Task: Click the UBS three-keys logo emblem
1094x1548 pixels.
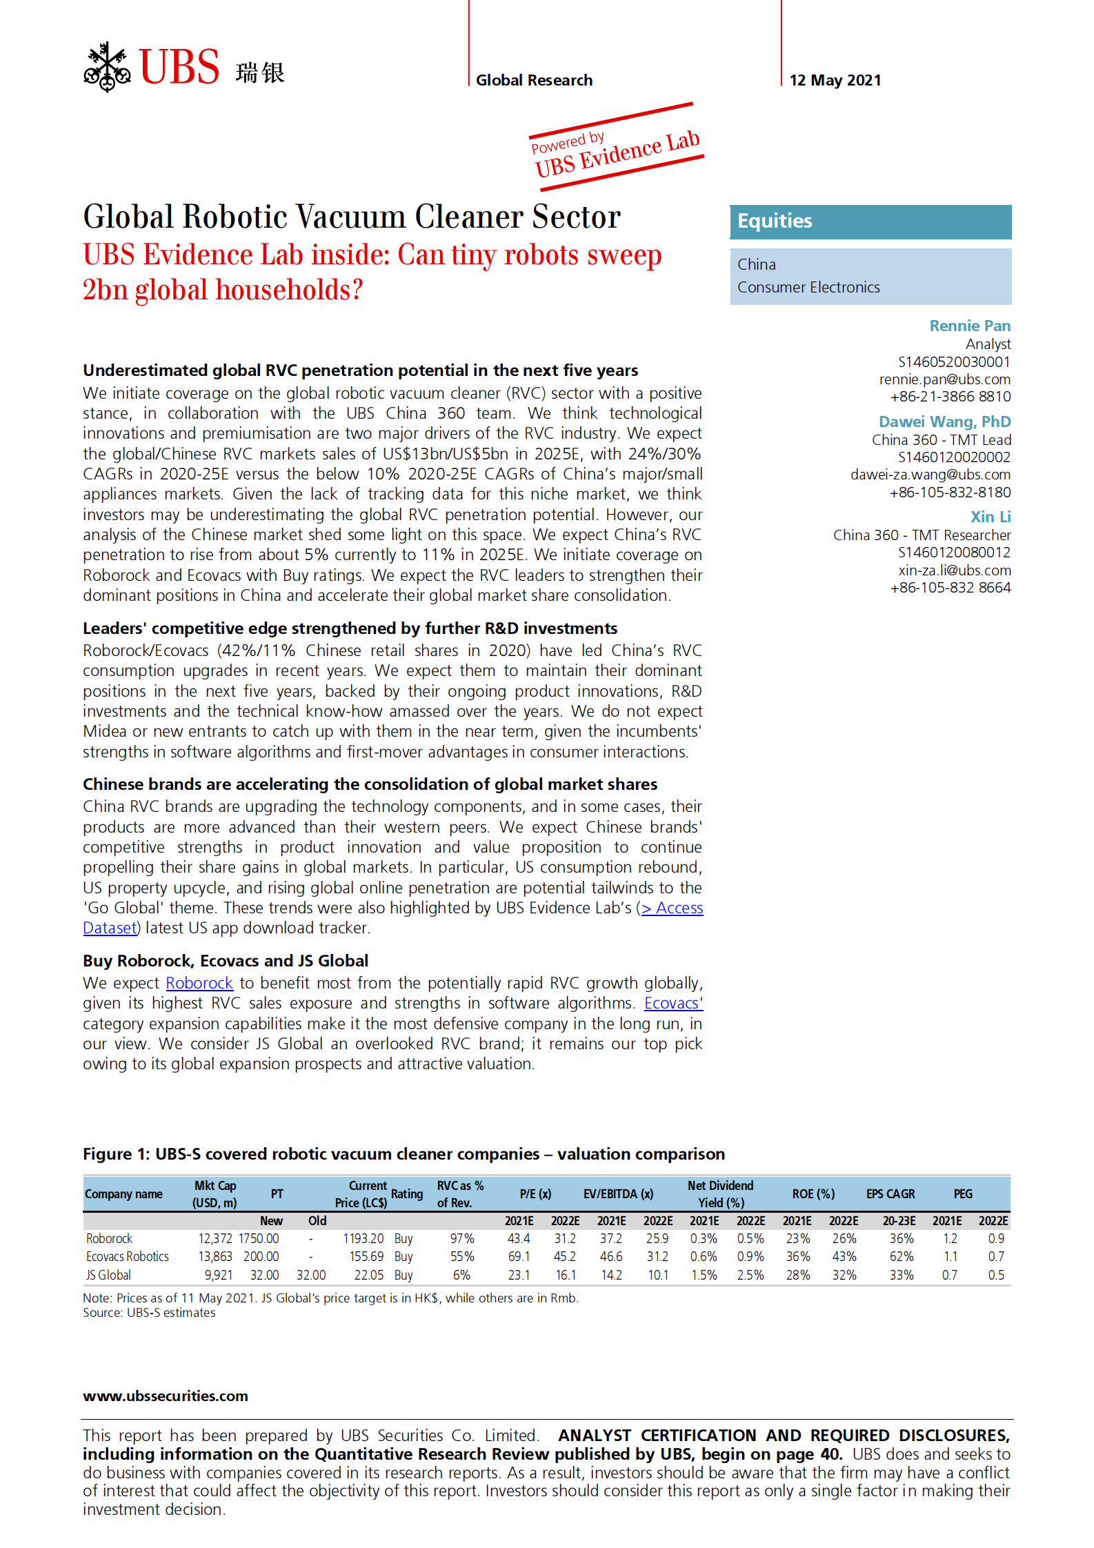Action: (x=107, y=67)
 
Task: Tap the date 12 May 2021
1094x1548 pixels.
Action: (x=835, y=80)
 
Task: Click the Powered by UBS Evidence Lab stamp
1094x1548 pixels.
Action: (x=617, y=148)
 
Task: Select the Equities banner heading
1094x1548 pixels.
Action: (x=775, y=221)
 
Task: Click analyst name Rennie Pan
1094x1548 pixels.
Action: (x=969, y=326)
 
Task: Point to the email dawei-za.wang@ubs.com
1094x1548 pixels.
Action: (x=930, y=475)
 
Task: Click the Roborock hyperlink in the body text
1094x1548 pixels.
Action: (x=199, y=983)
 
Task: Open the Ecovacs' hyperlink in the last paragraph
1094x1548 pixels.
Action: (x=673, y=1003)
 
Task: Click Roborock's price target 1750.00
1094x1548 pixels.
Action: (x=259, y=1238)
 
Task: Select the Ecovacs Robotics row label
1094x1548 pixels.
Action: (x=128, y=1256)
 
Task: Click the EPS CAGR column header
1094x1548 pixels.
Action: (x=891, y=1193)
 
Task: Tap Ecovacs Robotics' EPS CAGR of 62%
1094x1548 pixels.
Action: (x=901, y=1256)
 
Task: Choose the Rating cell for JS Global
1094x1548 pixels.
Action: (x=404, y=1275)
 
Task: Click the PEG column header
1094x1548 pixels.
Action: (x=963, y=1193)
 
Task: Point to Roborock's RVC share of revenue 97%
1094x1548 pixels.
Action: (x=461, y=1238)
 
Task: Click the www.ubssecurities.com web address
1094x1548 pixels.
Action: (x=166, y=1396)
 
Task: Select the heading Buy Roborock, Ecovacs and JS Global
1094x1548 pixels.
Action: (x=226, y=961)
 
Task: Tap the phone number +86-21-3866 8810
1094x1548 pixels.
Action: (x=950, y=397)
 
